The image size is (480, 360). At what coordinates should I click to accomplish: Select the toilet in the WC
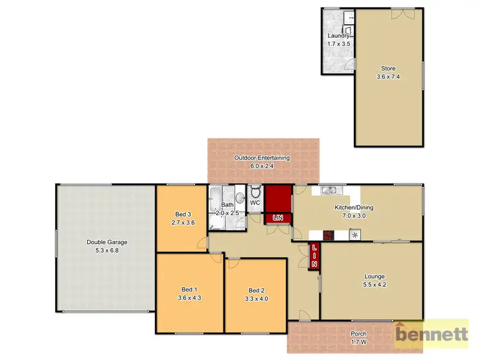255,192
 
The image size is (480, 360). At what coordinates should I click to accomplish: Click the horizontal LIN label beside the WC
278,218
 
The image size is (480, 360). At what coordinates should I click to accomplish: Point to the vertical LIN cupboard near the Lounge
314,256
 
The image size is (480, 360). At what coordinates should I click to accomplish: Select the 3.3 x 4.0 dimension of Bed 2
256,298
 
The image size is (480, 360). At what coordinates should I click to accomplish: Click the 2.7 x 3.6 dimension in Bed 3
183,222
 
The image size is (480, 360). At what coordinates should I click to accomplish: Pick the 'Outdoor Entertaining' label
262,158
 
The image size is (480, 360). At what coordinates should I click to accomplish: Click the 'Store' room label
388,69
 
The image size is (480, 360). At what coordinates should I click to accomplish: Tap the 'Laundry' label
338,37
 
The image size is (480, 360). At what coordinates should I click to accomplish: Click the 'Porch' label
359,334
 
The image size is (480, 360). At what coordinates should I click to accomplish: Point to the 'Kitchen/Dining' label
354,208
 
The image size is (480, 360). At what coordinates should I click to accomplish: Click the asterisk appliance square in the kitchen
354,234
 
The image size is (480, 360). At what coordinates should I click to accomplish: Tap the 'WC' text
254,203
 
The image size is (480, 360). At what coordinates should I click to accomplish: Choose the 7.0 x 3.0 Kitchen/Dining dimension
354,216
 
